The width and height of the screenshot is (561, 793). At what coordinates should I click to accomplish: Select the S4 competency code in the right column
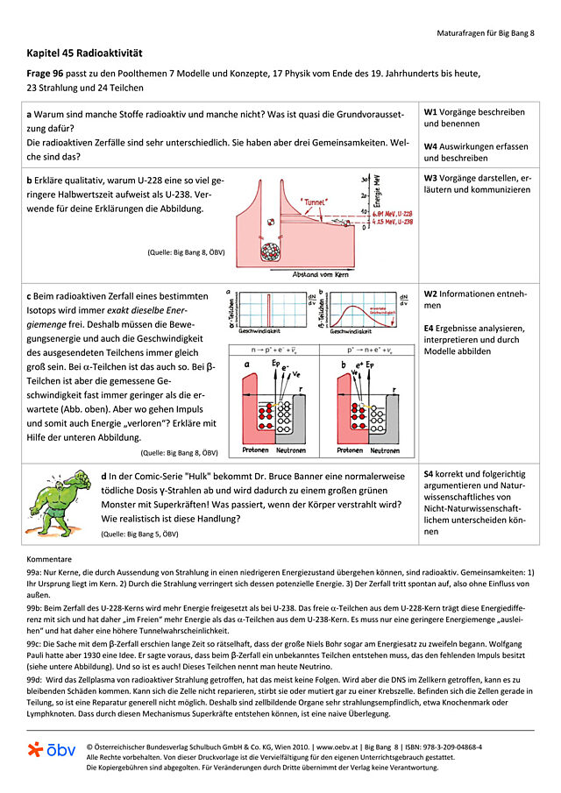(430, 472)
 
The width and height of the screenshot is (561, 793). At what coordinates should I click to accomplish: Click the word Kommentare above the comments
(50, 558)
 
